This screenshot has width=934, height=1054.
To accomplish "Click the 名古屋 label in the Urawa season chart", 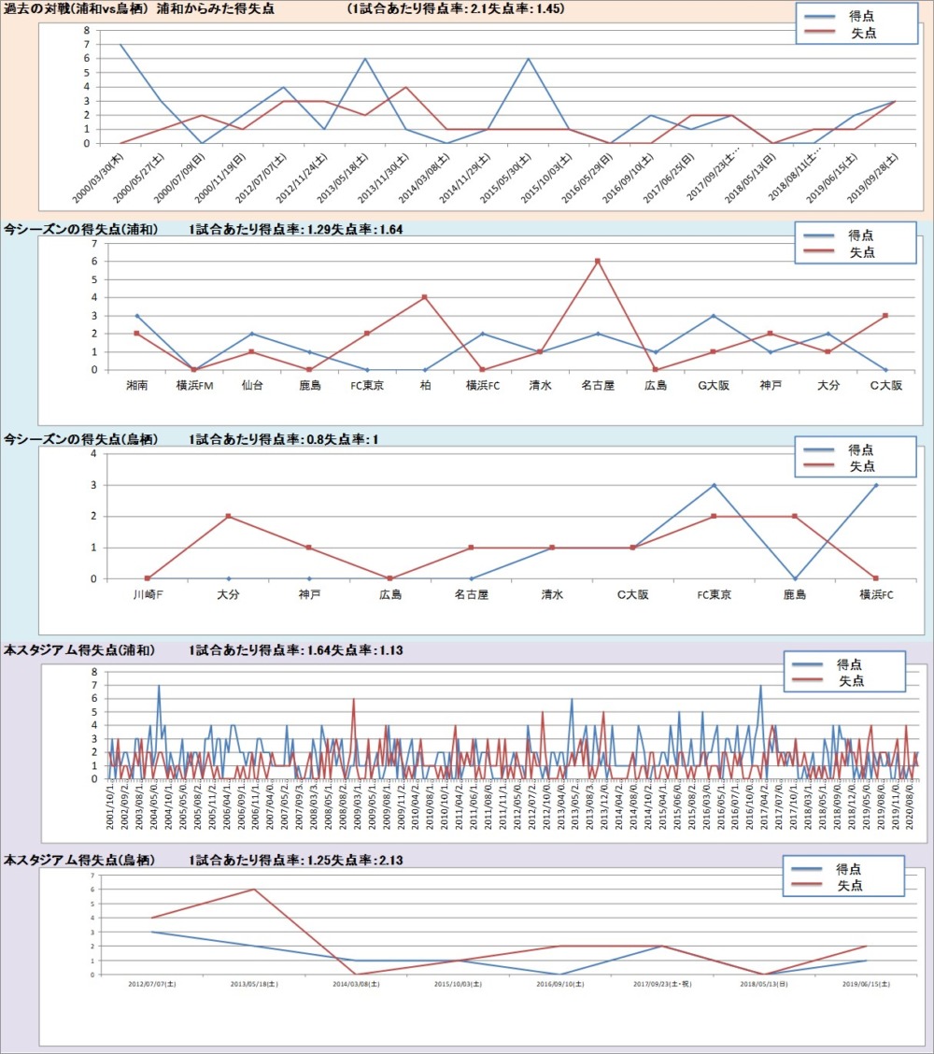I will click(x=596, y=385).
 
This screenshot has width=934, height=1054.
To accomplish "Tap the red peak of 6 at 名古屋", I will click(x=596, y=261).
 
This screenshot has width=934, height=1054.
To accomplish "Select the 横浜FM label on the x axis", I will click(x=194, y=385).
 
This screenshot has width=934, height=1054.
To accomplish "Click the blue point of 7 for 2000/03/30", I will click(x=120, y=44).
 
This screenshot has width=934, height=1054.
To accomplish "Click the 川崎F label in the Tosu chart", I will click(x=147, y=594).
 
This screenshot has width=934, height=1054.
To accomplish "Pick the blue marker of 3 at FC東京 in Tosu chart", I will click(x=714, y=485).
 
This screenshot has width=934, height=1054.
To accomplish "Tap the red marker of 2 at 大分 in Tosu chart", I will click(x=228, y=516).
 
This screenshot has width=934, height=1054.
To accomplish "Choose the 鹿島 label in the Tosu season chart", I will click(x=794, y=594).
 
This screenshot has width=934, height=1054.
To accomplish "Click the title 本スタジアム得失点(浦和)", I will click(x=79, y=650).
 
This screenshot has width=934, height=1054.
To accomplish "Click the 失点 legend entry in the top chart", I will click(x=862, y=34).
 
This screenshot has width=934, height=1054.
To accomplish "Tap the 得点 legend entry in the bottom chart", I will click(x=848, y=869).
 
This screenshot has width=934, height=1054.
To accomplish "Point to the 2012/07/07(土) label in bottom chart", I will click(x=151, y=984).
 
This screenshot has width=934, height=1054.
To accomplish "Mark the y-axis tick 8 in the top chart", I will click(x=86, y=30).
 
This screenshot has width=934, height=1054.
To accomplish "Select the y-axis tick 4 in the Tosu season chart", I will click(x=94, y=453).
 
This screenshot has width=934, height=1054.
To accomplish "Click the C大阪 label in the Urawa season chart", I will click(x=885, y=385).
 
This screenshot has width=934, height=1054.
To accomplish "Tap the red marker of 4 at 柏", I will click(x=424, y=297).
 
